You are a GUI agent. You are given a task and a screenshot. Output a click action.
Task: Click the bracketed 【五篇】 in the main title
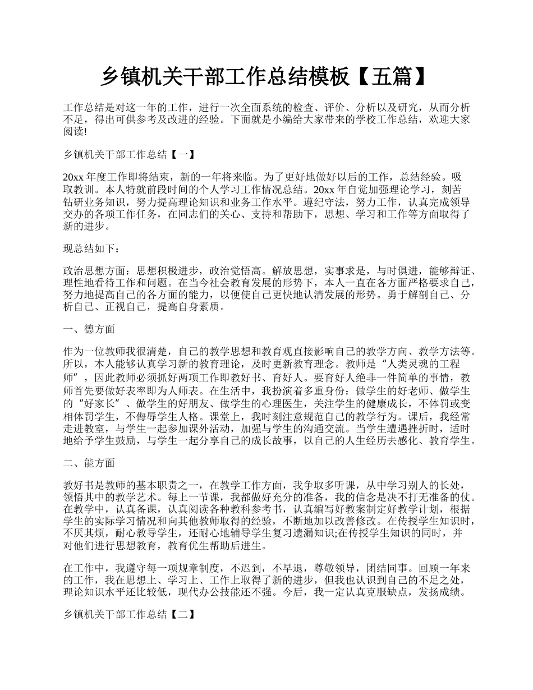391,77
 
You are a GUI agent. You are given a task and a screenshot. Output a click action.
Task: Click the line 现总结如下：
92,249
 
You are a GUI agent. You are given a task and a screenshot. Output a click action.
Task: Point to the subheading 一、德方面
90,329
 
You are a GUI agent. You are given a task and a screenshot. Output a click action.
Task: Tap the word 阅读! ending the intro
76,132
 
